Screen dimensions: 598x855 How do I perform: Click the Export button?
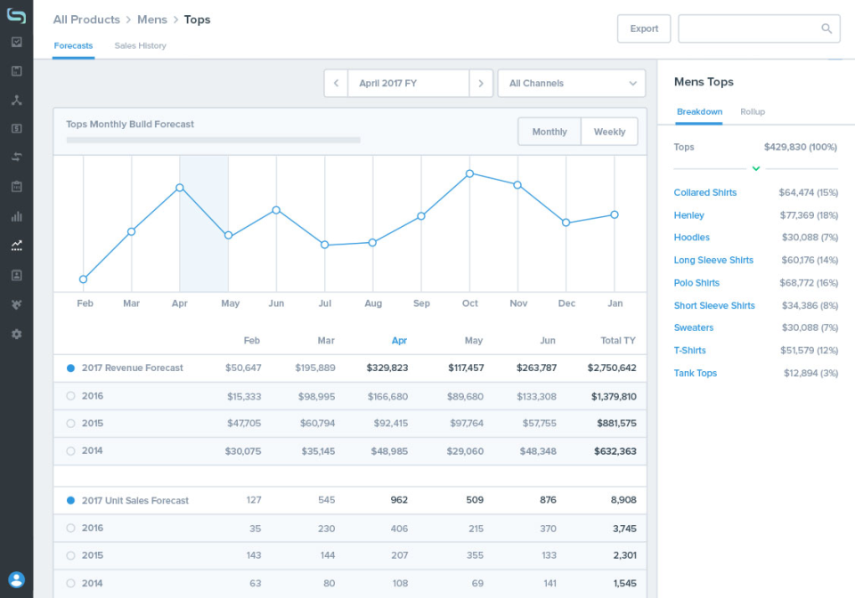[644, 28]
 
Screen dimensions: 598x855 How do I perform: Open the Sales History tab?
[140, 45]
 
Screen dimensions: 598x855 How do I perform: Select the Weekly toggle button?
[609, 132]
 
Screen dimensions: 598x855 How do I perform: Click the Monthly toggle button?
[550, 132]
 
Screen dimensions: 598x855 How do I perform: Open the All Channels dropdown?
[572, 84]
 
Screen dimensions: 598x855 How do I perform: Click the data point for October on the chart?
[469, 174]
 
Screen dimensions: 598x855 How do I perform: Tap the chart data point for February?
[84, 279]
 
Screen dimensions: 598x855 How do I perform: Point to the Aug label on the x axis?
[373, 303]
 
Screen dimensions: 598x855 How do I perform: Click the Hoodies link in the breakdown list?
[692, 238]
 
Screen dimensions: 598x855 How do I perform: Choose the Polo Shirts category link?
[696, 283]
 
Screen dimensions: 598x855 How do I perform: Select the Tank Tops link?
[696, 374]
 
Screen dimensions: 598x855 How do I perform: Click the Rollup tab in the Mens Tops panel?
[753, 112]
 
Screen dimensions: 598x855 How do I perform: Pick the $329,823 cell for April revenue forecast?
[387, 368]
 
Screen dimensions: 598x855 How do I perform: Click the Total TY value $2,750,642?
[612, 368]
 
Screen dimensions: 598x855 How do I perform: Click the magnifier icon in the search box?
[826, 28]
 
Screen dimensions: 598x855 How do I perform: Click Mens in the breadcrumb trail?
[152, 20]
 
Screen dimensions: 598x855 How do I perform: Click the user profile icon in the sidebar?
[16, 580]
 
